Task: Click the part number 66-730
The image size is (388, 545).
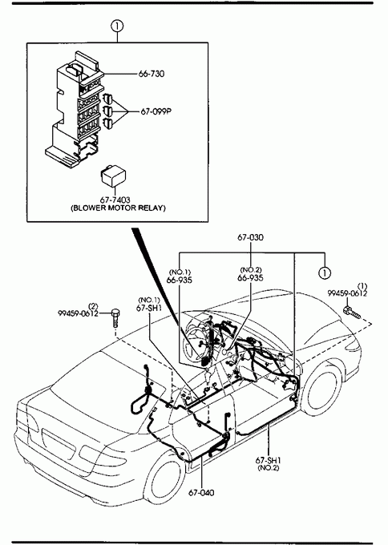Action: point(152,74)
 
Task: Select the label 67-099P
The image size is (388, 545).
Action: point(156,111)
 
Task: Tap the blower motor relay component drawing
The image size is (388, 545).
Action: point(113,177)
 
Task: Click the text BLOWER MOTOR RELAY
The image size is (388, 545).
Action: point(118,208)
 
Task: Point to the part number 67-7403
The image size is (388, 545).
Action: point(115,200)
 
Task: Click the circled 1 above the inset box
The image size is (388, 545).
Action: point(117,26)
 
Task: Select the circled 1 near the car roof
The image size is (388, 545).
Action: point(325,272)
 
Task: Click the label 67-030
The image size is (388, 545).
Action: point(250,237)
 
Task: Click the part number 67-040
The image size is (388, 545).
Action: point(202,493)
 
